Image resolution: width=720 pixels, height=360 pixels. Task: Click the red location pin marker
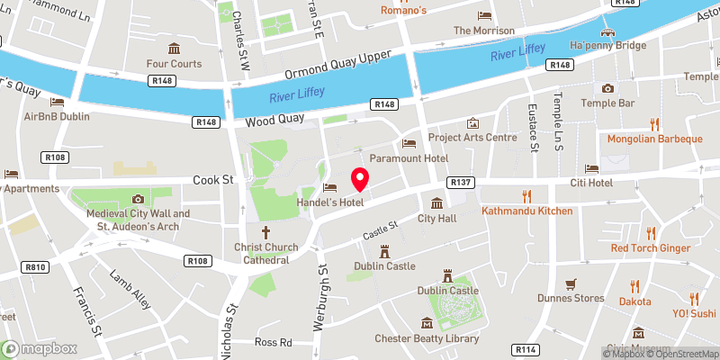[x=361, y=179]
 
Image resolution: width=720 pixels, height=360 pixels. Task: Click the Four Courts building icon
[x=174, y=48]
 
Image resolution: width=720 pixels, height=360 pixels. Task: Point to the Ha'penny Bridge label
[x=607, y=45]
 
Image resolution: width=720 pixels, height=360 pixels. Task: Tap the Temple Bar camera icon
[x=608, y=88]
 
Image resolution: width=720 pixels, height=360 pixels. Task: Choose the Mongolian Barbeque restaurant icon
[x=654, y=124]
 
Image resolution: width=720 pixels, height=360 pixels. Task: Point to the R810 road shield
[x=36, y=267]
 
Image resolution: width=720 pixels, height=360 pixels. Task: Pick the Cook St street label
[x=213, y=180]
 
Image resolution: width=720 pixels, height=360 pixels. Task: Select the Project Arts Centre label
[x=472, y=137]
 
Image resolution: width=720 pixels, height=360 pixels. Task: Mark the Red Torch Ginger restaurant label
[x=651, y=247]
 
